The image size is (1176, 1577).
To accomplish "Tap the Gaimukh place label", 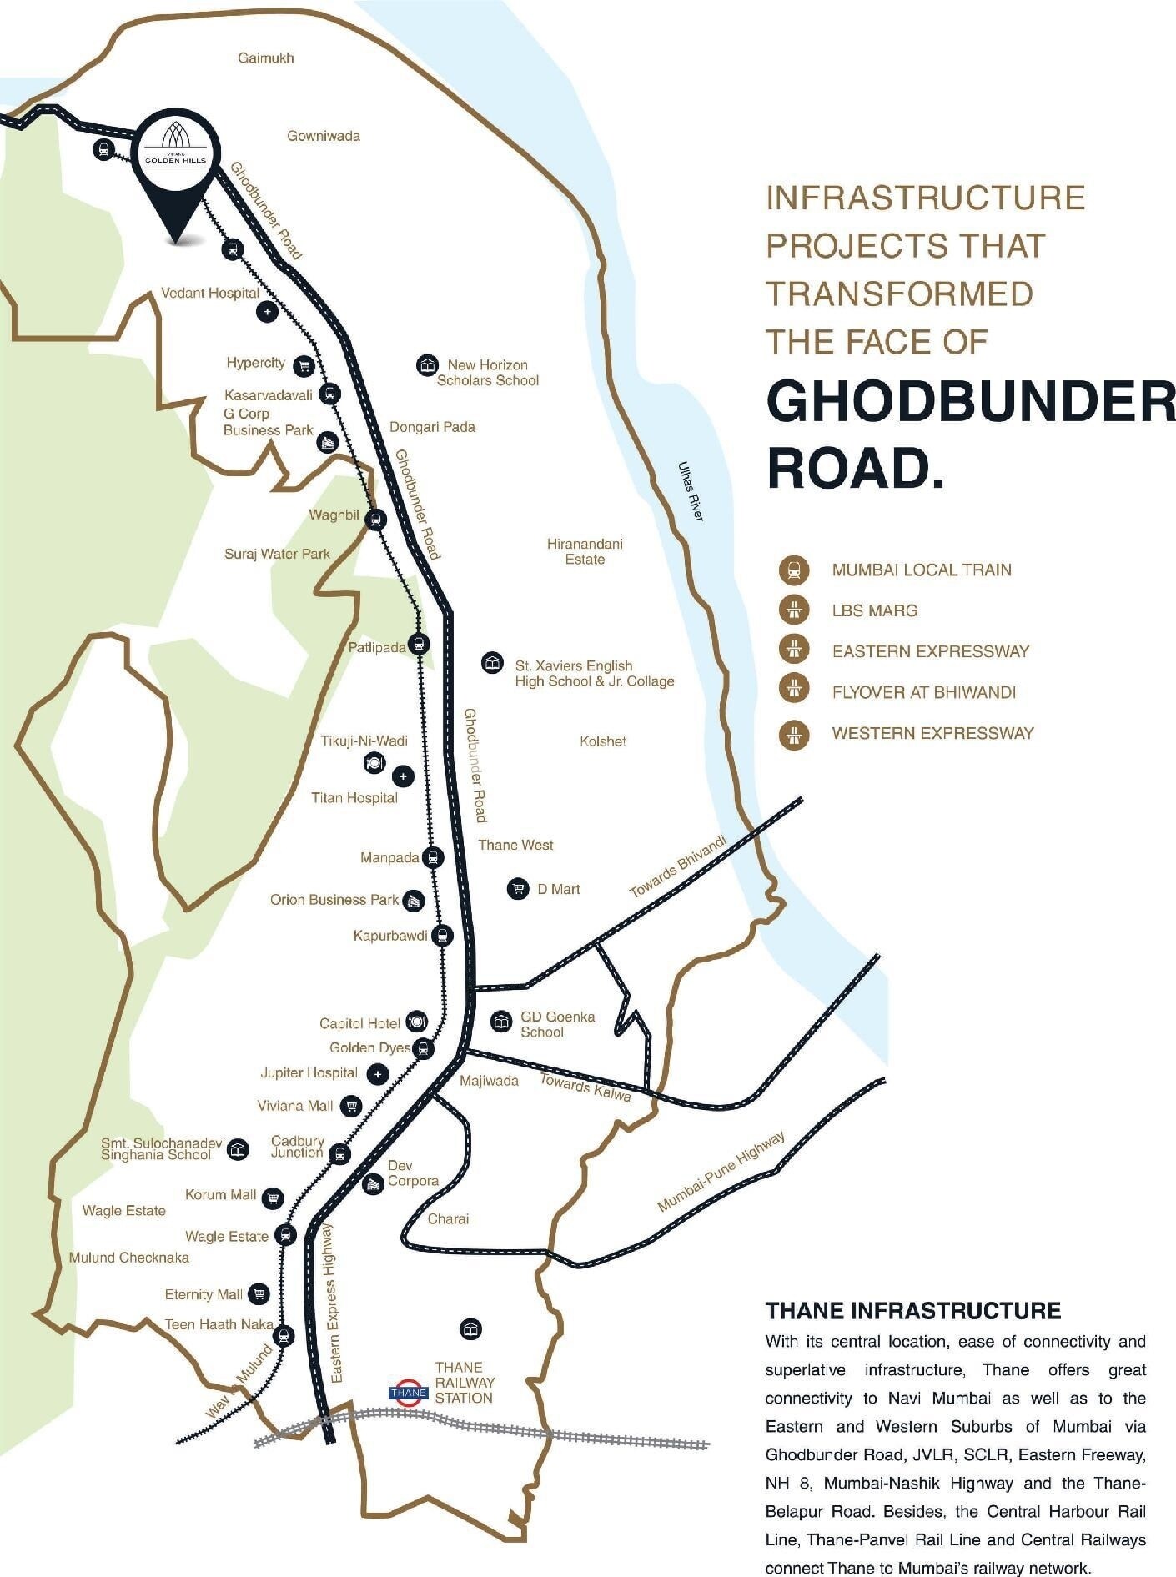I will click(x=265, y=58).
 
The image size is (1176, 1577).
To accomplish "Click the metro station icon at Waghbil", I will click(x=376, y=520).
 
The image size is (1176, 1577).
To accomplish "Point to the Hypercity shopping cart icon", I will click(x=304, y=364).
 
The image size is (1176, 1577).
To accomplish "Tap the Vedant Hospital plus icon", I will click(x=267, y=312).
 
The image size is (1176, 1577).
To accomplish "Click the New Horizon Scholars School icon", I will click(x=427, y=365).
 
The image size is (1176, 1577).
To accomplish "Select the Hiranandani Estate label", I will click(x=585, y=551).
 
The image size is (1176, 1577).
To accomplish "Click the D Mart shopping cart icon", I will click(x=518, y=889).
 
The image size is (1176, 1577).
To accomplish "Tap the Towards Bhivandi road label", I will click(x=677, y=867).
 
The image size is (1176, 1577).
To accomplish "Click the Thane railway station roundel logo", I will click(x=409, y=1393).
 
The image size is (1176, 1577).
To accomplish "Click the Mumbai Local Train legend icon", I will click(x=794, y=570).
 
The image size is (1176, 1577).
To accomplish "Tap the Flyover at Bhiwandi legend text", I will click(x=923, y=692).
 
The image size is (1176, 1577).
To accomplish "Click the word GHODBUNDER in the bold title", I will click(x=970, y=403).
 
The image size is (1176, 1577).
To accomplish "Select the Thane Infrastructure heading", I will click(x=913, y=1311).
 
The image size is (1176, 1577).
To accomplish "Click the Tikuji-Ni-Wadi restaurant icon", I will click(x=374, y=762).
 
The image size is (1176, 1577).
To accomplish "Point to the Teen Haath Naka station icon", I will click(x=285, y=1336).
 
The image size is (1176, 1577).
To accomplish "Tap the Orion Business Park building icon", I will click(x=413, y=901).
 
